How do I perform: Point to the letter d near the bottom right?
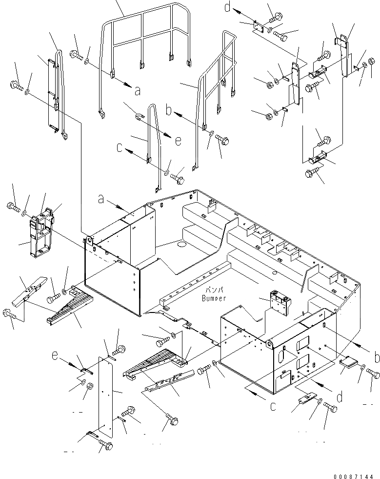340,396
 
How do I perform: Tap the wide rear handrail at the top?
146,34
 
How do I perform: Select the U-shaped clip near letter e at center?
140,116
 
